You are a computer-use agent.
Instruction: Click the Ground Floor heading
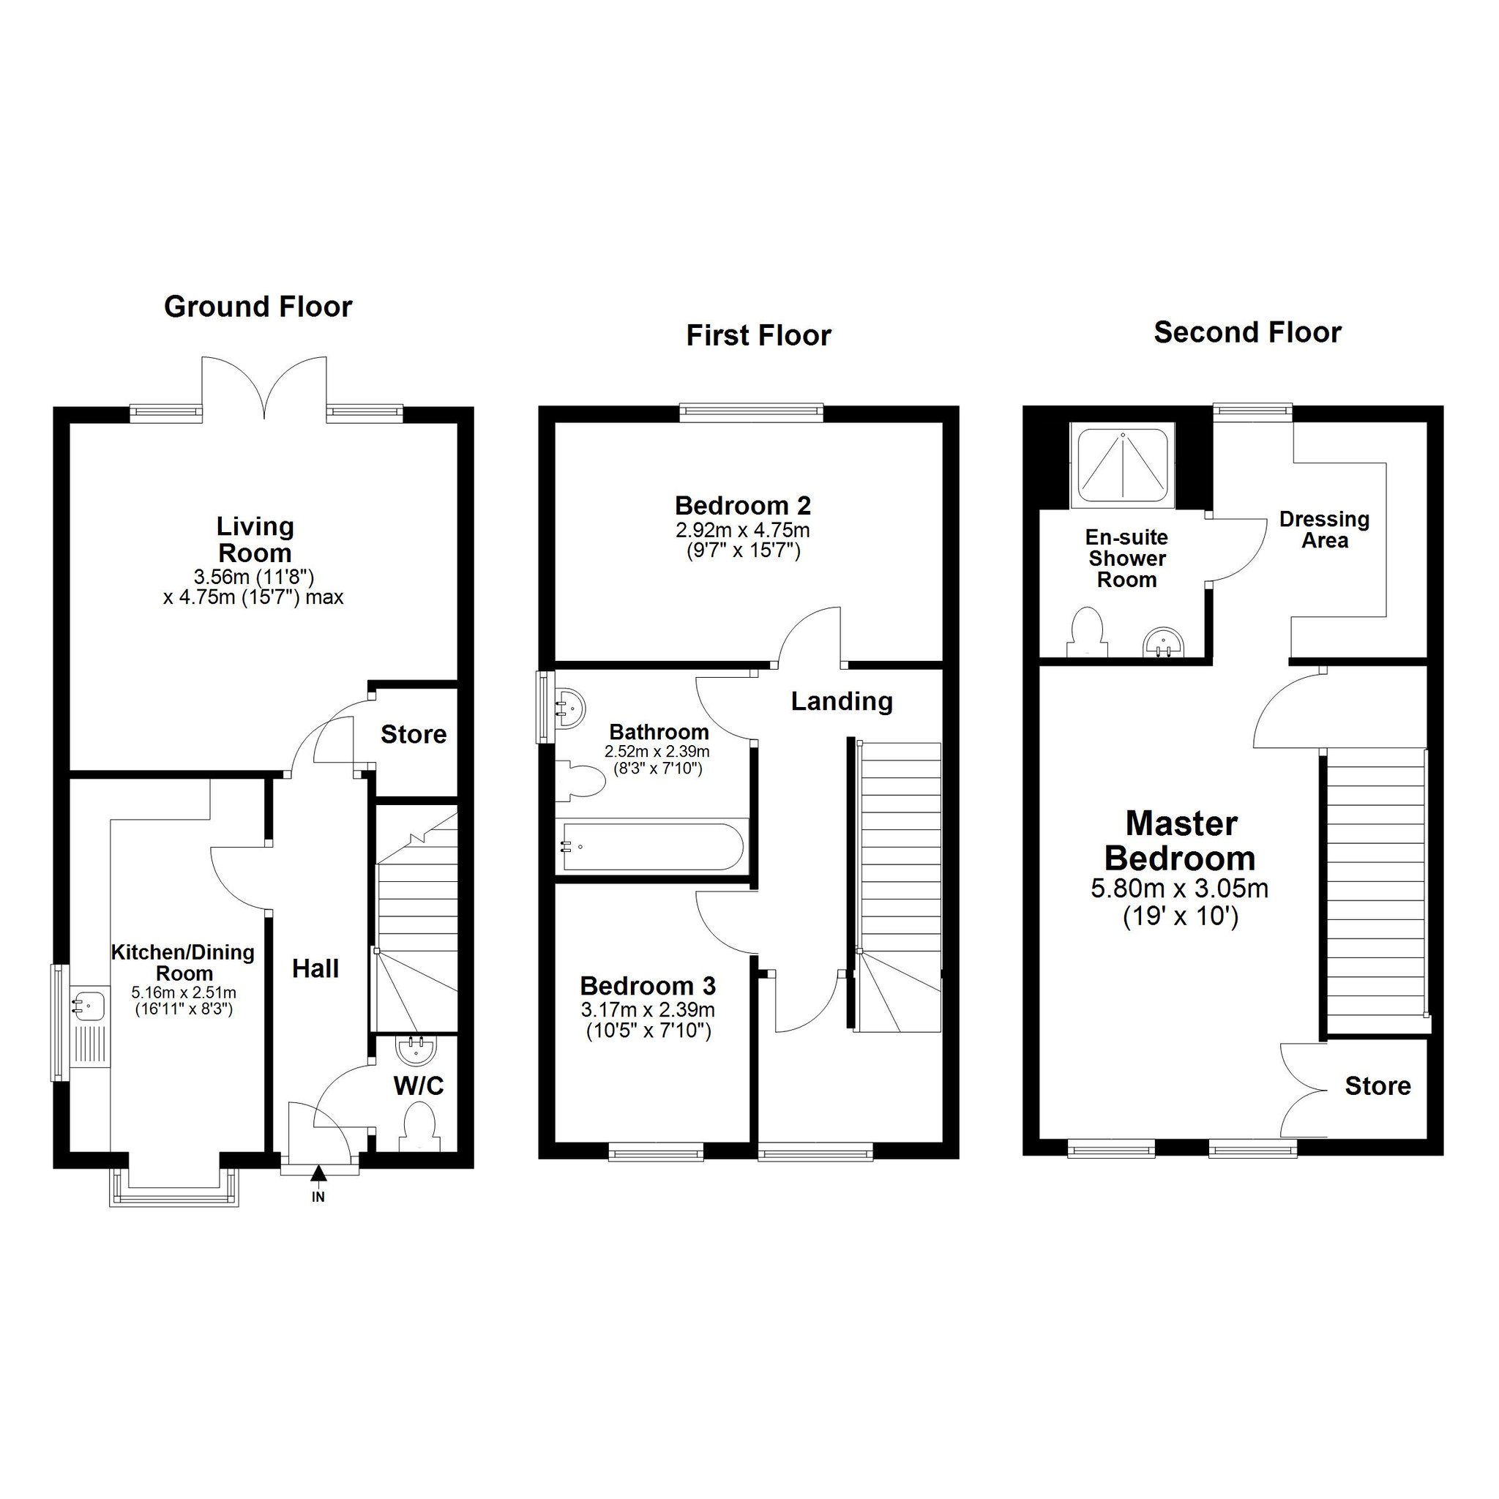pos(258,307)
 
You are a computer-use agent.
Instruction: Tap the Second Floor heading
pos(1248,333)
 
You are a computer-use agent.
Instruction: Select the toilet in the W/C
pos(419,1128)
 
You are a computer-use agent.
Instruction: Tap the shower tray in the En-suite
pos(1123,466)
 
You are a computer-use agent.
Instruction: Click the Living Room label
pos(255,540)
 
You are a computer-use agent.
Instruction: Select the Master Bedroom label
pos(1181,841)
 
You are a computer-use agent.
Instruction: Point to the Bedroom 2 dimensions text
pos(744,541)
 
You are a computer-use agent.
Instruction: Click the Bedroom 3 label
pos(648,986)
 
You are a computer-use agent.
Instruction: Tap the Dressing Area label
pos(1324,530)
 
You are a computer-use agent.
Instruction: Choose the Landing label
pos(842,701)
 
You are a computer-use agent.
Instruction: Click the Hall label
pos(315,968)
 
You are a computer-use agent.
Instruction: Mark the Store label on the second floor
pos(1378,1086)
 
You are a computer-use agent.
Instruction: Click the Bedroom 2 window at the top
pos(751,412)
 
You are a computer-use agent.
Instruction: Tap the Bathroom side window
pos(545,707)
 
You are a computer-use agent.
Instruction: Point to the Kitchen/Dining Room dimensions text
pos(184,1000)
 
